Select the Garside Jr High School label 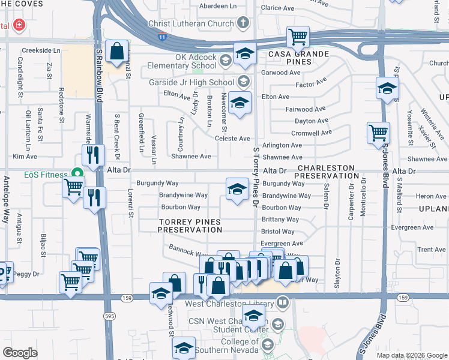198,82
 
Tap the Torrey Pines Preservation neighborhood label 190,226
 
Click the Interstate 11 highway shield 162,37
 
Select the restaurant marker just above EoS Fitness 92,155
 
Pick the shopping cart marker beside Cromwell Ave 378,133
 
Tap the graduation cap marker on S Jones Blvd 387,89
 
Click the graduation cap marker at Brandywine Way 237,189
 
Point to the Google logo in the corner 20,353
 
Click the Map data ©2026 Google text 411,355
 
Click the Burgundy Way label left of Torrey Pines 157,182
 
